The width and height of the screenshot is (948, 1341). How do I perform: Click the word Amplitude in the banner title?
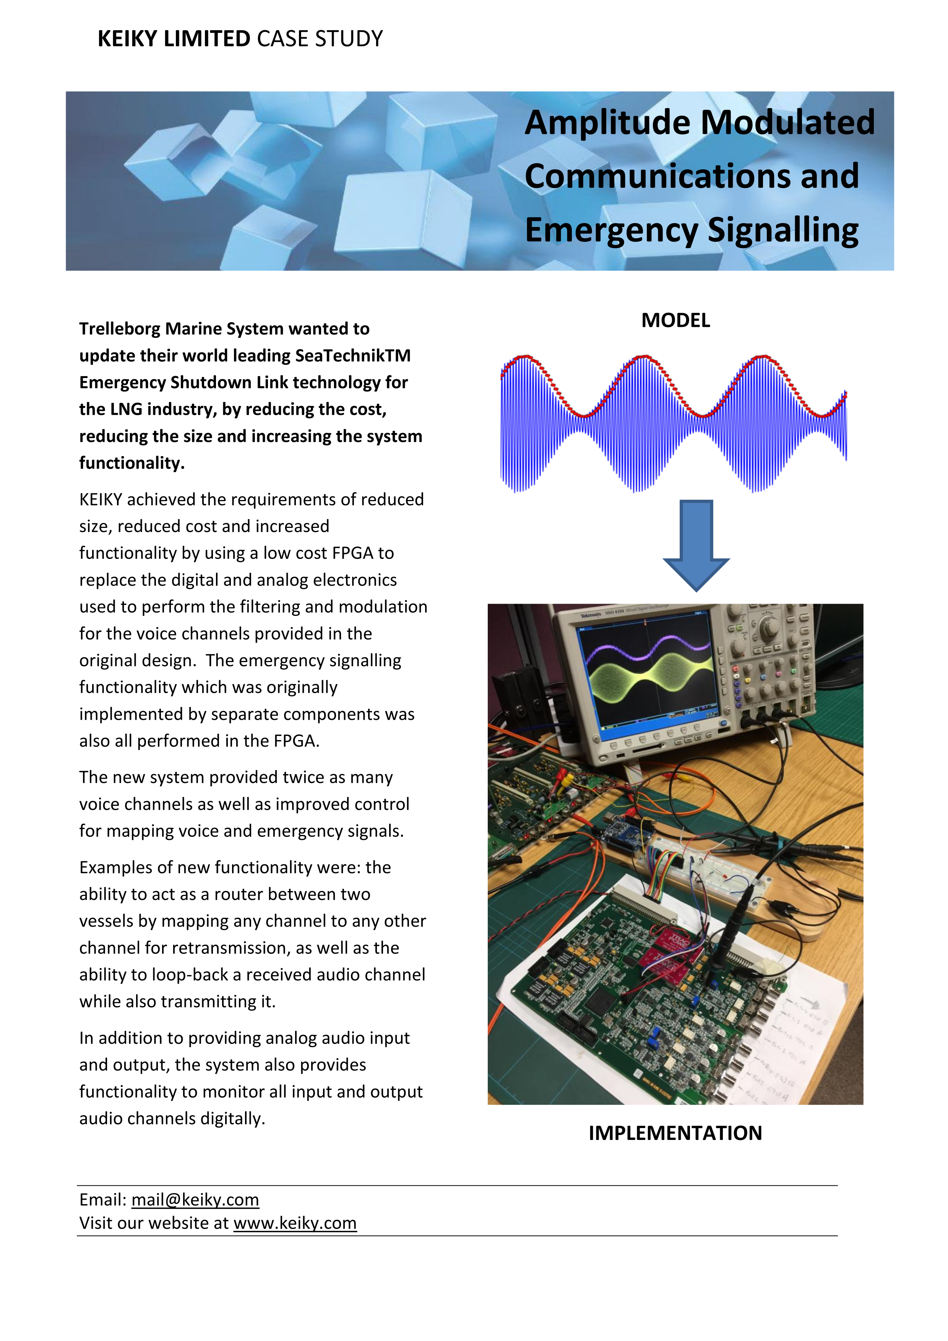(607, 123)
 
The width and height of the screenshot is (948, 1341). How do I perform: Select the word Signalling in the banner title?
(783, 230)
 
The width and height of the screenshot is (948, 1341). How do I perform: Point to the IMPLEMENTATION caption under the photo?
(675, 1133)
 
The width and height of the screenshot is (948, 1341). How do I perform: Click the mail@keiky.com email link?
(195, 1200)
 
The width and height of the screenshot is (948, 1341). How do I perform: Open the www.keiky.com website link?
(295, 1223)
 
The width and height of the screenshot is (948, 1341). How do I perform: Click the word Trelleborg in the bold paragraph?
(120, 329)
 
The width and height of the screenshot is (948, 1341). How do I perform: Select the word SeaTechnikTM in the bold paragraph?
(353, 356)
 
